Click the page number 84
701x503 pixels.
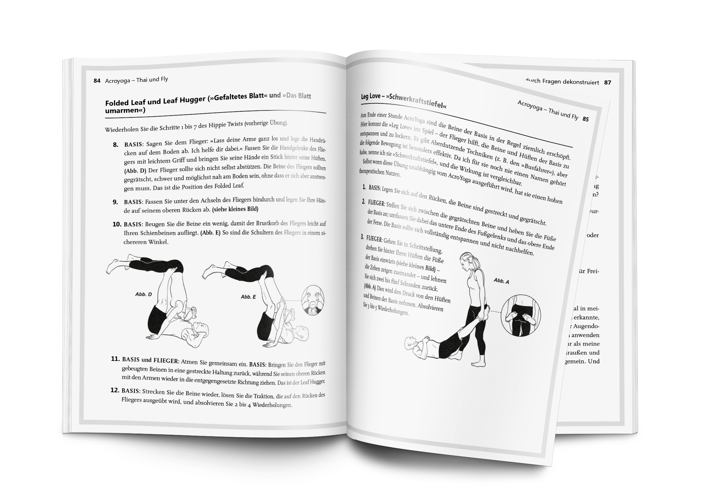click(97, 81)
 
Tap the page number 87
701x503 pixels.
click(607, 83)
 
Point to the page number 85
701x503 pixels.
click(585, 119)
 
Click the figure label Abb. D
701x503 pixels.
click(144, 294)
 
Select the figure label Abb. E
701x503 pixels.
click(248, 297)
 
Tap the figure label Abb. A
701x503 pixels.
click(501, 281)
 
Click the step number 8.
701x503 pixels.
click(116, 145)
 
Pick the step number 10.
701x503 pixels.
click(117, 224)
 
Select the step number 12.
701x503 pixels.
click(115, 390)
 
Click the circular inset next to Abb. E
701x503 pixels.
click(312, 300)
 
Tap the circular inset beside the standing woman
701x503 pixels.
click(521, 316)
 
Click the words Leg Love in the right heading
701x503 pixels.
click(371, 96)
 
